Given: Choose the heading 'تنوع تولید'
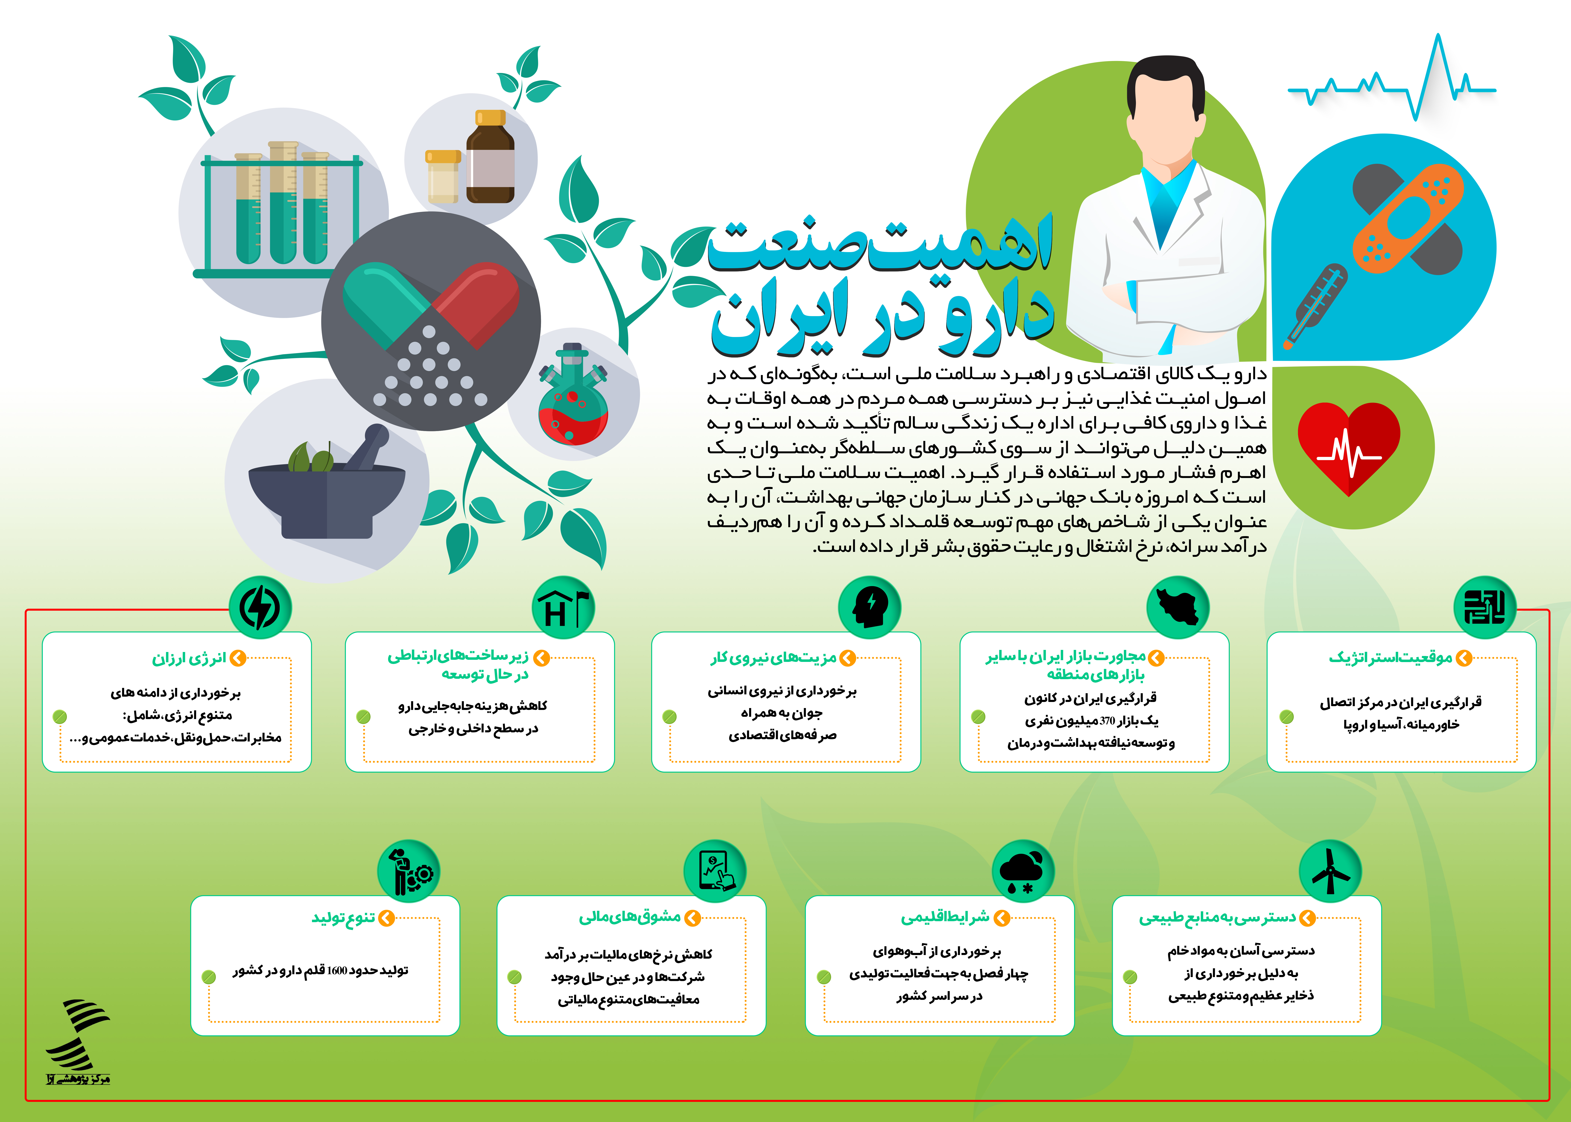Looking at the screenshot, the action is coord(343,918).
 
